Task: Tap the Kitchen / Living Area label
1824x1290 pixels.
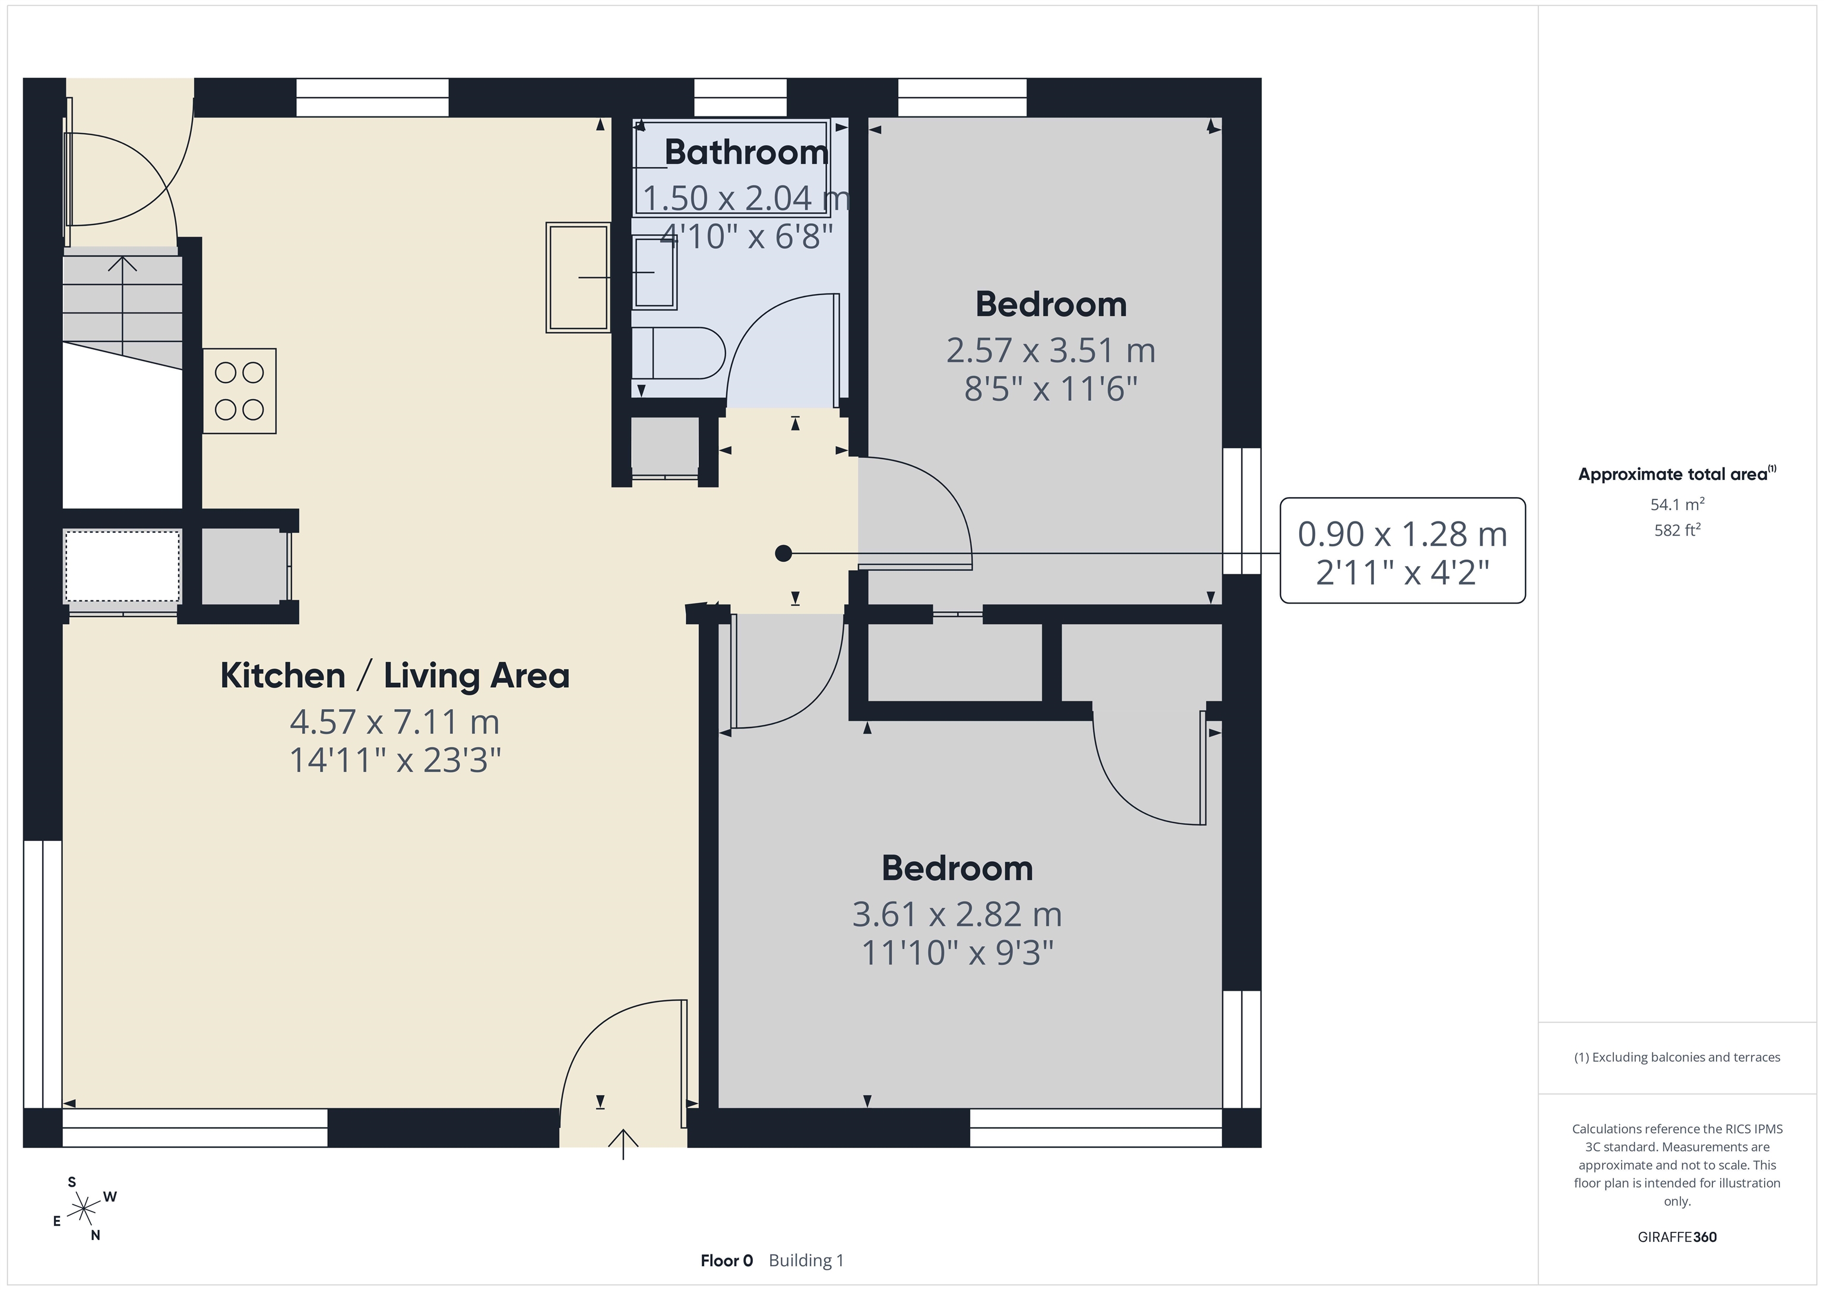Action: tap(395, 676)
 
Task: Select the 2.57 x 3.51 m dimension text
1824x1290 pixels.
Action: tap(1050, 350)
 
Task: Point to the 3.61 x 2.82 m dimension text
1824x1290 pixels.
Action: tap(957, 914)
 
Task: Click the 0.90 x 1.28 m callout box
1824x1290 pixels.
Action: tap(1402, 551)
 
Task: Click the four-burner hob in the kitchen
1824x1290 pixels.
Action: tap(239, 391)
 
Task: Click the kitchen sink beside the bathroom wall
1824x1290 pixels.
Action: tap(578, 277)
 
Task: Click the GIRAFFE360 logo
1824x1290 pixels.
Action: tap(1677, 1237)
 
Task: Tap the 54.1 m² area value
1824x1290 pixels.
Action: tap(1677, 504)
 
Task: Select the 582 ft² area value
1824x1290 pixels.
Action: tap(1677, 529)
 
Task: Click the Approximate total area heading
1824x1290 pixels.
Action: tap(1677, 474)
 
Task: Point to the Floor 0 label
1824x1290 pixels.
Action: tap(726, 1260)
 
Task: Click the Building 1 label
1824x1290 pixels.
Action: tap(806, 1260)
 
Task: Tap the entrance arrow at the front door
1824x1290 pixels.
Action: tap(623, 1144)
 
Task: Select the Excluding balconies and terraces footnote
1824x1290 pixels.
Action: tap(1677, 1057)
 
